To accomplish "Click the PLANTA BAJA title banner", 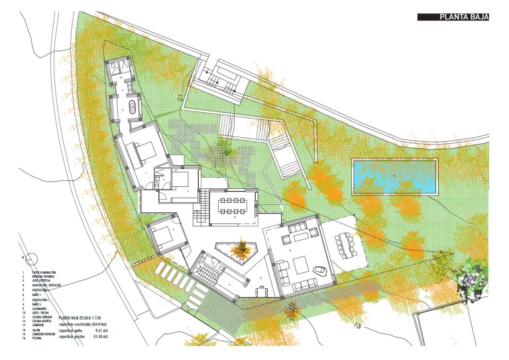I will [x=453, y=18].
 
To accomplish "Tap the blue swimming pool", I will [x=394, y=177].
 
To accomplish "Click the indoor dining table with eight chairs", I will [x=233, y=206].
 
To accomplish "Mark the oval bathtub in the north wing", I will [x=131, y=107].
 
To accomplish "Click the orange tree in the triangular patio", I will [x=238, y=250].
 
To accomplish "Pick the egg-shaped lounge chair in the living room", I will [x=319, y=270].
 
